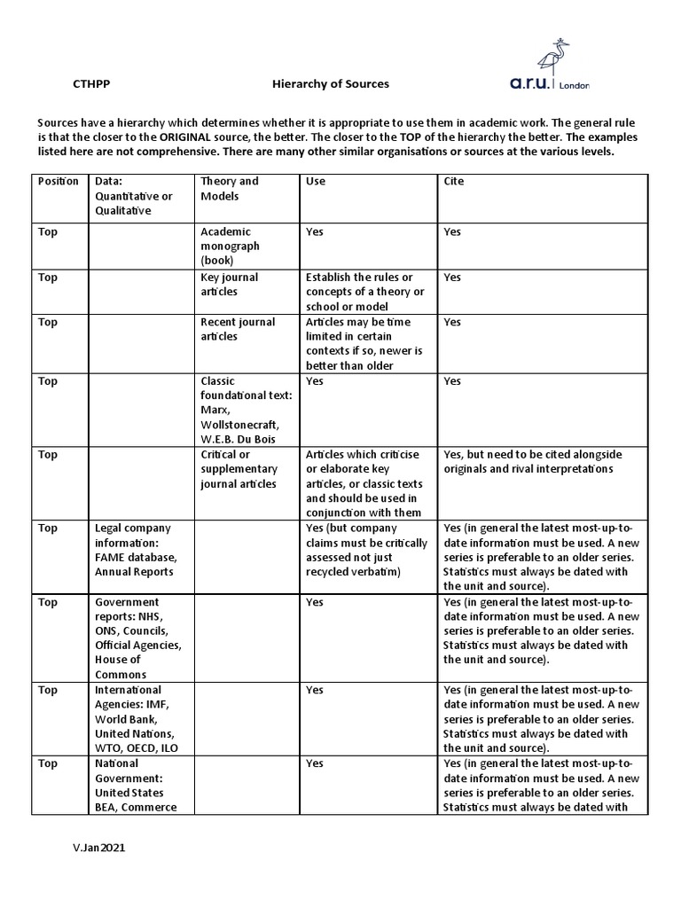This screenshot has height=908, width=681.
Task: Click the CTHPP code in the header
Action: click(91, 84)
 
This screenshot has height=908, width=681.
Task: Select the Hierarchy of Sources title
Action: click(330, 84)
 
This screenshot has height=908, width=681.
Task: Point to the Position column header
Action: click(59, 181)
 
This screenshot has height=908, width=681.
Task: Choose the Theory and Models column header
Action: click(230, 188)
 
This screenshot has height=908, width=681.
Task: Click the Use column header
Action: click(316, 181)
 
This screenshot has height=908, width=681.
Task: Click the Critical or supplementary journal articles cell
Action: click(239, 469)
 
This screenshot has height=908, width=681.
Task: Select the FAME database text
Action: click(137, 557)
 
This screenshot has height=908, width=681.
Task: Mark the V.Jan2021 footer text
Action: click(99, 848)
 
